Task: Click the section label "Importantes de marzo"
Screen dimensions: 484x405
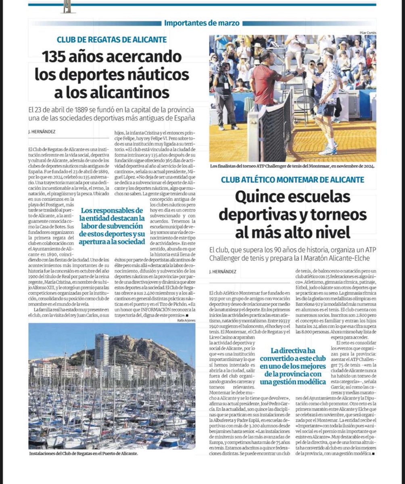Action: coord(202,23)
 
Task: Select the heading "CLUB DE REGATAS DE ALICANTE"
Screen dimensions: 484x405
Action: coord(112,40)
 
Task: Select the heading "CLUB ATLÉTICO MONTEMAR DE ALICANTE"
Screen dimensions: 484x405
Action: coord(292,179)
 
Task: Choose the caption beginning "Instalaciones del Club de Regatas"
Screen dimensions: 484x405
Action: coord(84,454)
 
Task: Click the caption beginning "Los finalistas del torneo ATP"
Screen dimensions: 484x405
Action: coord(292,166)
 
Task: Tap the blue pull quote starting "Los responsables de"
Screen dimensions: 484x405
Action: coord(112,226)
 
